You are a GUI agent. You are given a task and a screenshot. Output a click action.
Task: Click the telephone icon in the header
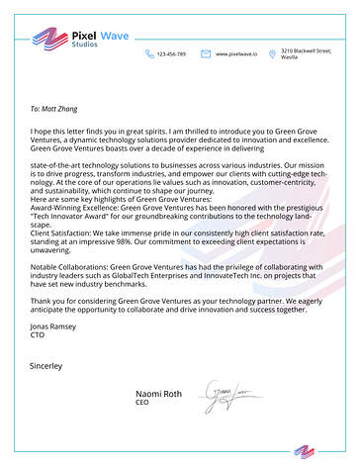149,53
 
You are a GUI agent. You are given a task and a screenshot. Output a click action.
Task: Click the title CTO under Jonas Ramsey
39,333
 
